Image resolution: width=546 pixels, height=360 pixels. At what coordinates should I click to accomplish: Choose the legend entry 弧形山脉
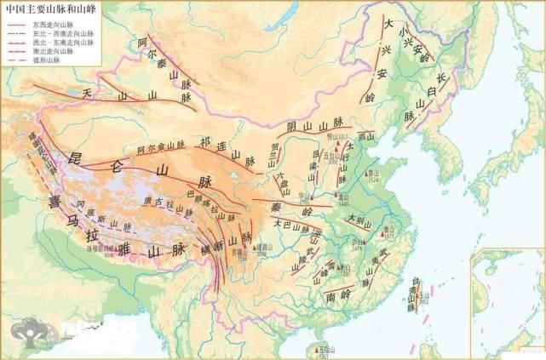[x=54, y=62]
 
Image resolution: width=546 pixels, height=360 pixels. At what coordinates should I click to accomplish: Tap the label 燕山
[x=368, y=135]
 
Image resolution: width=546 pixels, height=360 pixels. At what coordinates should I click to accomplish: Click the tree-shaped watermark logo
[x=26, y=333]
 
